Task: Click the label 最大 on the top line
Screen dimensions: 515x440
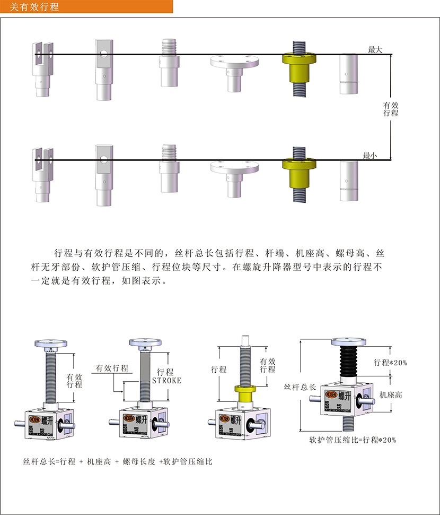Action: pos(375,49)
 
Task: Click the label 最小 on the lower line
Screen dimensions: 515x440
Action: pos(369,156)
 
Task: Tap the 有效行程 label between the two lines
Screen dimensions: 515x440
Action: pos(391,109)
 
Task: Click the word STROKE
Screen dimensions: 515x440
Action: pos(166,380)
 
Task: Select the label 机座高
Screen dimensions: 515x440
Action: pos(391,395)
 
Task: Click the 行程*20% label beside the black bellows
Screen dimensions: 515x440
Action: pos(390,363)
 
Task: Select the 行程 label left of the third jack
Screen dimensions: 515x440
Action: pos(218,369)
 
